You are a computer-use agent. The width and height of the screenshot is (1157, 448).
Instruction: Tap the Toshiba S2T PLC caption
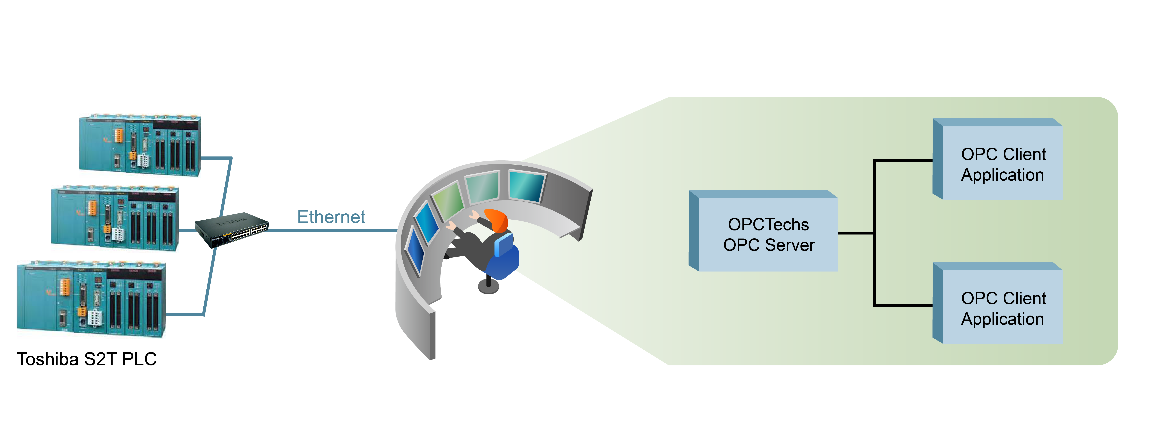[87, 359]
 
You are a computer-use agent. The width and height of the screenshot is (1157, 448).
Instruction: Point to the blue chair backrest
[504, 245]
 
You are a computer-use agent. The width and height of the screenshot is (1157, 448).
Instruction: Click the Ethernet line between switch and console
[332, 230]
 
